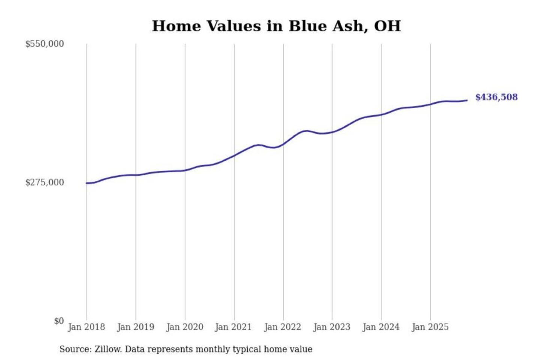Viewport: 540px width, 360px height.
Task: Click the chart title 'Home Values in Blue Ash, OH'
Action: (276, 26)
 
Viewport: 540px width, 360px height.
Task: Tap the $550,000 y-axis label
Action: (45, 44)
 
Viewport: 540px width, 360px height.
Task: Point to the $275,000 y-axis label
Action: (45, 183)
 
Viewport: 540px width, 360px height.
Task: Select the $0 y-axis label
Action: (59, 321)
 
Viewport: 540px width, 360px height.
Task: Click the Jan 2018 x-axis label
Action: (86, 327)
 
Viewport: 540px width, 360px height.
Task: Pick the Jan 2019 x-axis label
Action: (135, 327)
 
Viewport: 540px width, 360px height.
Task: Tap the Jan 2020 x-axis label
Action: (184, 327)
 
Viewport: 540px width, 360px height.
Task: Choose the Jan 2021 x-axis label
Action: (233, 327)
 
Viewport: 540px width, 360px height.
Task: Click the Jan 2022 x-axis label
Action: (282, 327)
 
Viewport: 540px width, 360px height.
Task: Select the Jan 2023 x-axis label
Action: (331, 327)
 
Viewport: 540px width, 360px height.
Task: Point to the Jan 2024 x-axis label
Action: (381, 327)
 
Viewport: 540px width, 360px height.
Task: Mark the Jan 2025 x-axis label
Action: (430, 327)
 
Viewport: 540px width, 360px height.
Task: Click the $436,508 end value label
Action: (496, 97)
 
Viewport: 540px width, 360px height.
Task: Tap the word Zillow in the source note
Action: (108, 349)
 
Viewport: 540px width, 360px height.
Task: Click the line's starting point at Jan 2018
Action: (87, 183)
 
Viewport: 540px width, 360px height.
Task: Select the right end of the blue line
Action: (467, 100)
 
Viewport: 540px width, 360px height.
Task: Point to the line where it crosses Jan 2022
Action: (283, 144)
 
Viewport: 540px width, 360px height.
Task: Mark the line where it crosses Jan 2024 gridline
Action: (381, 115)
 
